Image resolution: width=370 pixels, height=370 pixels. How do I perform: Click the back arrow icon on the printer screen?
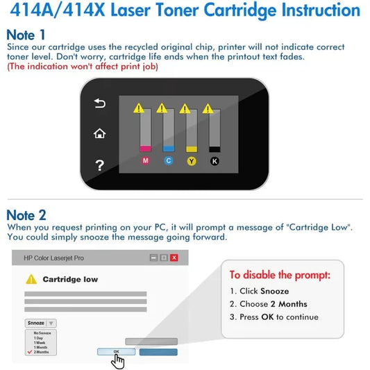[99, 104]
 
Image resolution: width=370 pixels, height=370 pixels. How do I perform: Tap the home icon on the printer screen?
[99, 133]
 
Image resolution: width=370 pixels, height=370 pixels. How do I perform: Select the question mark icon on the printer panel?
[99, 165]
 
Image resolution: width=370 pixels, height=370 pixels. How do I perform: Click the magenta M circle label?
[145, 161]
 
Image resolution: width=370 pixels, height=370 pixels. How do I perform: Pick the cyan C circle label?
[168, 161]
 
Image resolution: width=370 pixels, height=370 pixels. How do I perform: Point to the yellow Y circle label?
[192, 161]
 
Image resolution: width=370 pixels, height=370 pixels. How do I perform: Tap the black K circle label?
[215, 161]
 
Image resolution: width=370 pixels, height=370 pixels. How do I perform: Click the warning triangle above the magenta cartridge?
[140, 108]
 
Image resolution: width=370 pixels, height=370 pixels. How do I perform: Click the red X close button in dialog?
[174, 258]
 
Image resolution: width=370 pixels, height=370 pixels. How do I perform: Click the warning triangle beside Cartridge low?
[31, 279]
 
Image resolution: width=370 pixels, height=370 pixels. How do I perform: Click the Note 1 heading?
[27, 35]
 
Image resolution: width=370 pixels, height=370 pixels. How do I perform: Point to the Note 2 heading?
[27, 215]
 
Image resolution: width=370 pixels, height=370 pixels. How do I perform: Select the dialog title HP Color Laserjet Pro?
[53, 258]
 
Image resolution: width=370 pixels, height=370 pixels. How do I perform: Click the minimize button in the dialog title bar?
[153, 258]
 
